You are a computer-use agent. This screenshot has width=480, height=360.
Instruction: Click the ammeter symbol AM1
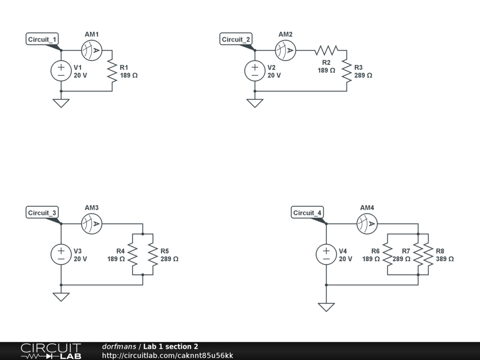coord(91,50)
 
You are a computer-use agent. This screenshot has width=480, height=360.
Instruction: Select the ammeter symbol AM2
coord(285,50)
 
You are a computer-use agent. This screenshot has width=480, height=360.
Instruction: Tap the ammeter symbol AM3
coord(91,224)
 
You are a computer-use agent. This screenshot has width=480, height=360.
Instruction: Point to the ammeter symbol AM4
coord(367,224)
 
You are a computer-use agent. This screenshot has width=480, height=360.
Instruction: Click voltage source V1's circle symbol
coord(61,71)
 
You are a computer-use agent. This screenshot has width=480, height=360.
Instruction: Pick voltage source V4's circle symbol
coord(326,255)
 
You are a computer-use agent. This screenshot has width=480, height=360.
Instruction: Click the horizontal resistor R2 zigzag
coord(326,50)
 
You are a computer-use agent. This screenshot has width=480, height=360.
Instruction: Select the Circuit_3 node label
coord(42,213)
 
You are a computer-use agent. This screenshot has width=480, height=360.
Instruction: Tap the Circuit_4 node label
coord(307,213)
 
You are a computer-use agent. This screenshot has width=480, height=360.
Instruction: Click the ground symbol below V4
coord(326,307)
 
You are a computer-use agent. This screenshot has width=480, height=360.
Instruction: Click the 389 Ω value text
coord(444,259)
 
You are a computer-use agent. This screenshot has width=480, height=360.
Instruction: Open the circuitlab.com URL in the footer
coord(167,356)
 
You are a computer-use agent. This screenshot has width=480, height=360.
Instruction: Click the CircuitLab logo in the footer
coord(51,351)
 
